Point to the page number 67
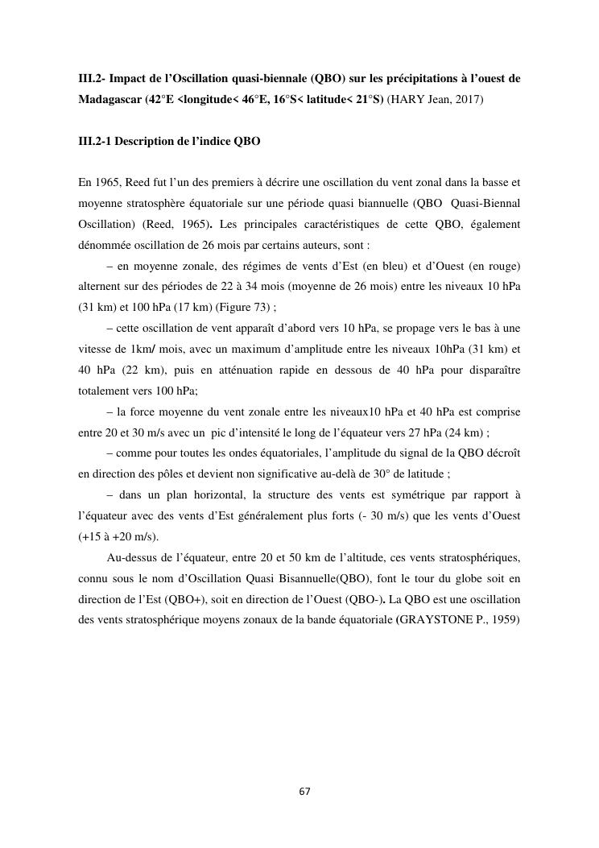(304, 792)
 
